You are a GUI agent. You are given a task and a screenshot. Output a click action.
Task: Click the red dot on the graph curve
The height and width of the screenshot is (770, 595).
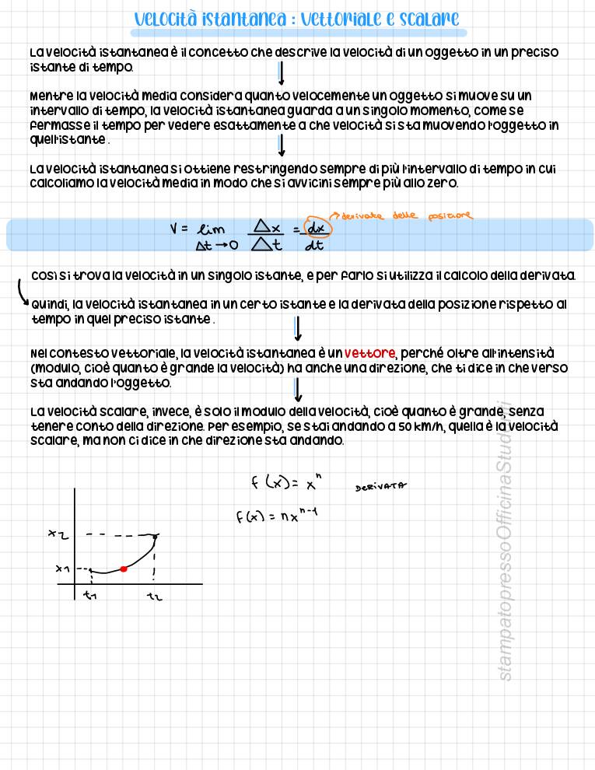coord(123,569)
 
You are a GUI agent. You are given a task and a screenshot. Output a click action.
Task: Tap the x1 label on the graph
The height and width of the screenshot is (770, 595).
coord(63,569)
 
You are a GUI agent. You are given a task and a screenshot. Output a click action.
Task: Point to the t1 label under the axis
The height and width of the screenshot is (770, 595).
coord(90,597)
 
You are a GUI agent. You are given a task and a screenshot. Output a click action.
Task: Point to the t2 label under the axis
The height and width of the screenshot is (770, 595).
coord(154,597)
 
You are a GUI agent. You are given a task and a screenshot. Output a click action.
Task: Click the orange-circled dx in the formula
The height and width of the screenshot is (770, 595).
coord(316,228)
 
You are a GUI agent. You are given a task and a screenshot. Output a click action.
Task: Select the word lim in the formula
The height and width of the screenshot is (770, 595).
coord(212,230)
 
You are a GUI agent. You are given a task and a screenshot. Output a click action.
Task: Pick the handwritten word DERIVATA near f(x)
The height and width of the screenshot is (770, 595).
coord(381,487)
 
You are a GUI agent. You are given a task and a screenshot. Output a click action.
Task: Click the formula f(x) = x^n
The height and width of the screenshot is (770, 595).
coord(285,483)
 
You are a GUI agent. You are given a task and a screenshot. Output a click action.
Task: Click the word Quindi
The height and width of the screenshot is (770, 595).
coord(50,305)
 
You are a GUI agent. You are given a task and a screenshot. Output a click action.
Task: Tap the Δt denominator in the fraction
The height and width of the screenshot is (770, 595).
coord(267,246)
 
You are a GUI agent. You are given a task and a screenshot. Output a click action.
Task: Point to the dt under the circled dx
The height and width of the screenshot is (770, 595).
coord(314,247)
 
